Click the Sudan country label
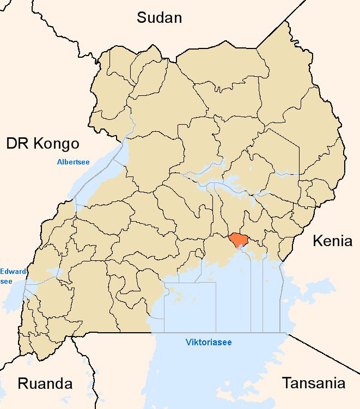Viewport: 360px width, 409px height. point(159,17)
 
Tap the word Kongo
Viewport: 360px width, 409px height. point(57,144)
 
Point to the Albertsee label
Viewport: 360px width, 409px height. point(74,162)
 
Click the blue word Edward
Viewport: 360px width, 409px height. point(11,271)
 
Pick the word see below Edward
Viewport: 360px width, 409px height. point(7,281)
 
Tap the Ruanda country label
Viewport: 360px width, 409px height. point(45,383)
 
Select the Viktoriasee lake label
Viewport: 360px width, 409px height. point(209,342)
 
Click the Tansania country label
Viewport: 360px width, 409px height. point(313,383)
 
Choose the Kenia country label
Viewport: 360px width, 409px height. point(332,241)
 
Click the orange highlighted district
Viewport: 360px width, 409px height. point(239,240)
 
